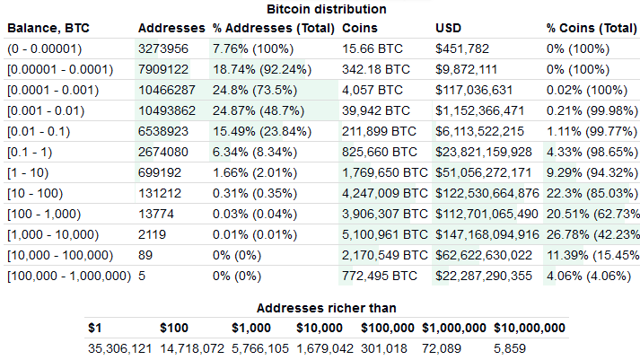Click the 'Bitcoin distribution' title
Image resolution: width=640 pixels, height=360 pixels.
click(327, 9)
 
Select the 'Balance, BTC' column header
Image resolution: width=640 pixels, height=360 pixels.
click(44, 27)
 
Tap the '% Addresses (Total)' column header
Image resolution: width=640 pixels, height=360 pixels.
click(273, 27)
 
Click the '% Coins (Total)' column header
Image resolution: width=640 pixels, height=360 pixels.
click(590, 27)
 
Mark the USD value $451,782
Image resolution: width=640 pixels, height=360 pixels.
click(462, 48)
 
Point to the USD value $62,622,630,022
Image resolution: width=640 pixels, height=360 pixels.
click(487, 255)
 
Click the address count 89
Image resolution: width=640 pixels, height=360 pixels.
click(145, 255)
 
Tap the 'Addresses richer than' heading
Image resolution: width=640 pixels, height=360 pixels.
click(327, 307)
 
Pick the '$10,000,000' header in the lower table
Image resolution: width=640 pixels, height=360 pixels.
click(530, 328)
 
